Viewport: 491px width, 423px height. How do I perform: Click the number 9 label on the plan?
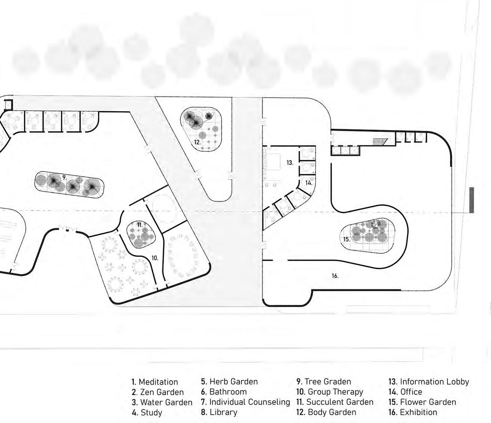[64, 178]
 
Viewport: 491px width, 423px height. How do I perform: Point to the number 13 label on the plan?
[290, 163]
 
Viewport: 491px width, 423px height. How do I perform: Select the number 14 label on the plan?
[308, 183]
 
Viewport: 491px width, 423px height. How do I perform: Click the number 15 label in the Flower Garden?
[346, 239]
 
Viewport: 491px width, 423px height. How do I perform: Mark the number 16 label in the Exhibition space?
[335, 276]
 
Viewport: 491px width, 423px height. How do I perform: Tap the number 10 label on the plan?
[155, 258]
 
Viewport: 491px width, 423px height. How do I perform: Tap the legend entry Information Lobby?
[429, 382]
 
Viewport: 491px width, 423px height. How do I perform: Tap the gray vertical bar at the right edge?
[471, 200]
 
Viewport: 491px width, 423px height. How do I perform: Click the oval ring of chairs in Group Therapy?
[182, 255]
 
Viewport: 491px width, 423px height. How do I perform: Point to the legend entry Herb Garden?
[229, 382]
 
